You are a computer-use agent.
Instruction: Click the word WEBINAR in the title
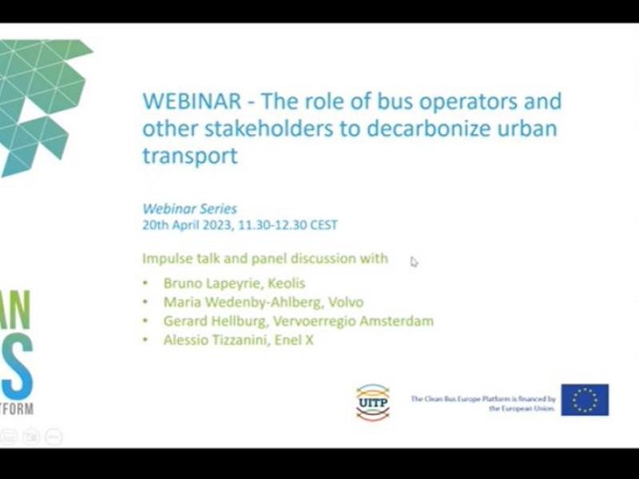[x=192, y=101]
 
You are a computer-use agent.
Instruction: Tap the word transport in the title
[x=190, y=156]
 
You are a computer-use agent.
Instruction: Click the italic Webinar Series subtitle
[x=189, y=209]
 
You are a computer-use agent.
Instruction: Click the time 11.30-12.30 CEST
[x=288, y=225]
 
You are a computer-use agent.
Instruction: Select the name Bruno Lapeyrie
[x=211, y=283]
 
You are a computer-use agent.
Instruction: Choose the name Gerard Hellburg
[x=215, y=321]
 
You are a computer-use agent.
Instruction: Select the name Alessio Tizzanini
[x=214, y=340]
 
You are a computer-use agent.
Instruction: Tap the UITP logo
[x=373, y=402]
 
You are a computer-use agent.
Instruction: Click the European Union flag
[x=585, y=400]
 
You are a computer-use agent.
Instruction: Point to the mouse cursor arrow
[x=414, y=262]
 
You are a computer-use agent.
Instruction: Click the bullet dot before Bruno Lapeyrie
[x=145, y=283]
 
